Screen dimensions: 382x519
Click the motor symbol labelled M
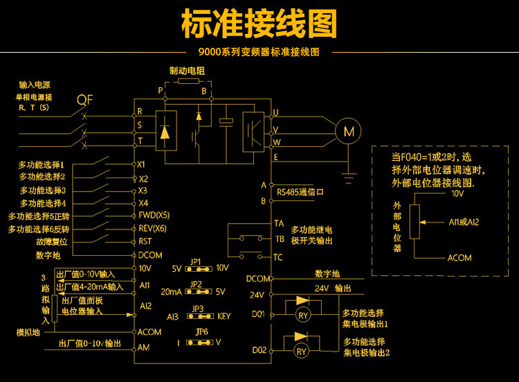tap(348, 130)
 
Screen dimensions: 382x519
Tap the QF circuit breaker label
tap(84, 99)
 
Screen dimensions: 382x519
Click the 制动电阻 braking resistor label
tap(188, 71)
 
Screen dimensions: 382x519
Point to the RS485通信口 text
tap(300, 192)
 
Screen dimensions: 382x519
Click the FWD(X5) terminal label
tap(152, 216)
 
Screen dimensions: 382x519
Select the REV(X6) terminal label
tap(152, 229)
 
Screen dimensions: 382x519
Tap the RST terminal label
tap(145, 241)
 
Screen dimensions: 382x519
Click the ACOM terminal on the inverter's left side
tap(149, 331)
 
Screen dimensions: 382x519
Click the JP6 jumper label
tap(201, 331)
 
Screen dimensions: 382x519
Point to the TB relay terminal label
tap(279, 238)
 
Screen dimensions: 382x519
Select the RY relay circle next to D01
tap(302, 315)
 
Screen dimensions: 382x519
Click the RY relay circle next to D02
tap(302, 351)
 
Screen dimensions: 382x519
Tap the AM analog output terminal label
tap(144, 347)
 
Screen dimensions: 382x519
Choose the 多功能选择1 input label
tap(42, 165)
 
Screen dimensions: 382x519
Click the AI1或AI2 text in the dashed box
tap(464, 222)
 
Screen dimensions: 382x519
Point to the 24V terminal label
tap(258, 294)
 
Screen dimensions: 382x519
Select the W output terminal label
tap(276, 142)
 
